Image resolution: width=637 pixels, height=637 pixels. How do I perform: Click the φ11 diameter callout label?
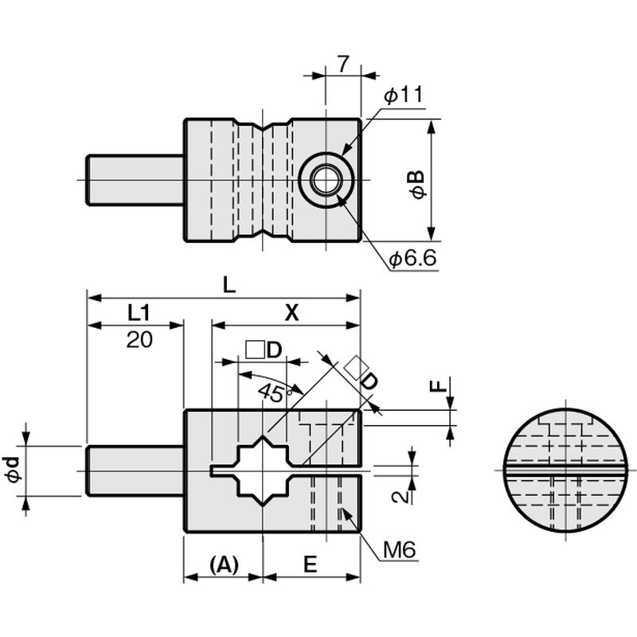[x=404, y=95]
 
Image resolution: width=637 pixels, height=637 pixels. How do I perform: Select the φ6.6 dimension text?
[x=412, y=257]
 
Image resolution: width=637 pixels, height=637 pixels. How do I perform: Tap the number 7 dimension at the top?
[x=343, y=64]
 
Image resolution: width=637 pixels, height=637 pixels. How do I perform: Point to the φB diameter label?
[x=418, y=185]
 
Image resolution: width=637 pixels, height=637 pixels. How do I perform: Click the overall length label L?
[x=229, y=285]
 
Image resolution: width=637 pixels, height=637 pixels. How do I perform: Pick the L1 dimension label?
[x=139, y=313]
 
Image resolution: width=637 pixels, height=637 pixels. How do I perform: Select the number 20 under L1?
[x=139, y=339]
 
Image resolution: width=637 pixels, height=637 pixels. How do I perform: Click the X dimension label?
[x=291, y=313]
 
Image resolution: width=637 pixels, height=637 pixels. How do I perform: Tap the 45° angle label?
[x=276, y=392]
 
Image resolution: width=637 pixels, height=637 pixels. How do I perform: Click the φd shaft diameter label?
[x=14, y=470]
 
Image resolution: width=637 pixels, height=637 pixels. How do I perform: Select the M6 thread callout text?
[x=400, y=550]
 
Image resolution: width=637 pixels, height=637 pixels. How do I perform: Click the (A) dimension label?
[x=225, y=565]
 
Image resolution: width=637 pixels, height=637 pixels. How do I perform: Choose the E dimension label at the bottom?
[x=310, y=565]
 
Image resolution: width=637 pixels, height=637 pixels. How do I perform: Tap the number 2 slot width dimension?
[x=401, y=497]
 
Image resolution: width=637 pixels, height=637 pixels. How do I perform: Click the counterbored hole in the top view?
[x=324, y=180]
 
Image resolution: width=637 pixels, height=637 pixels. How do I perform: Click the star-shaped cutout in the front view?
[x=264, y=471]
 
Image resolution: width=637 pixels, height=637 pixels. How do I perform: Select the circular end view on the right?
[x=566, y=470]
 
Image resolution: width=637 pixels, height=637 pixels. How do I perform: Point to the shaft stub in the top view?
[x=135, y=180]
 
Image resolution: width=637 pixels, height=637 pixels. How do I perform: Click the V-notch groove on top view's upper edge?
[x=264, y=126]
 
